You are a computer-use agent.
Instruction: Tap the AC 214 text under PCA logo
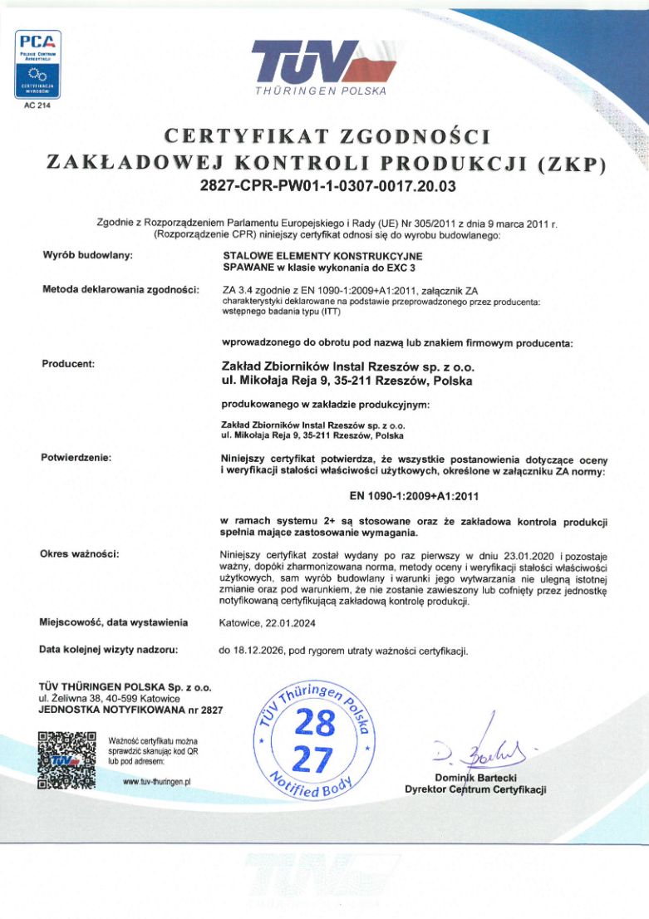[37, 106]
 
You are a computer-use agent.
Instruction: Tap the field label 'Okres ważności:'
[80, 553]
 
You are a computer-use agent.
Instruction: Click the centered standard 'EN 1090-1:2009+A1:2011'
[412, 496]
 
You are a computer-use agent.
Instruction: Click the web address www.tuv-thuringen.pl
[157, 781]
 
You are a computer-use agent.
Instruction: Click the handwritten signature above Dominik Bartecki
[479, 751]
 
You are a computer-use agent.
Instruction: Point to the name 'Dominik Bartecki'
[475, 777]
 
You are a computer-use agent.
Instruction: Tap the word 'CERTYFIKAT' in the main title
[230, 136]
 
